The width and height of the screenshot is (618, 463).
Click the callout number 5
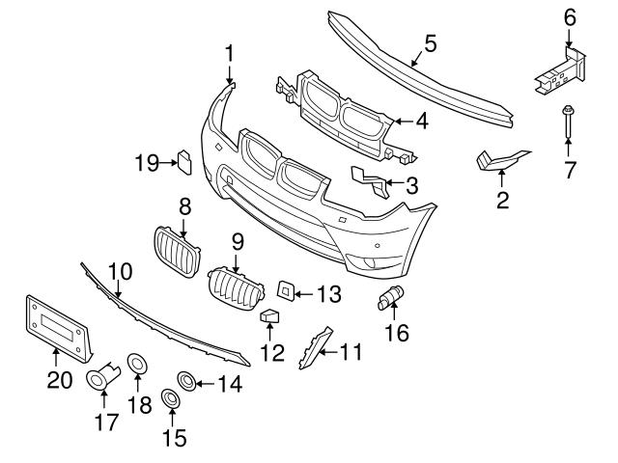pyautogui.click(x=430, y=42)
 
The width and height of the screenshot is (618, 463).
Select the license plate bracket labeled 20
pyautogui.click(x=54, y=326)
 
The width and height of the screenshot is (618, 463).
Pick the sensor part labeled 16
pyautogui.click(x=393, y=299)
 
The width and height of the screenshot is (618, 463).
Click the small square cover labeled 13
pyautogui.click(x=287, y=288)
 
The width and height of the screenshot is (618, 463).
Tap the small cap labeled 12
pyautogui.click(x=271, y=317)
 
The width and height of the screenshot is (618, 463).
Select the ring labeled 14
pyautogui.click(x=184, y=380)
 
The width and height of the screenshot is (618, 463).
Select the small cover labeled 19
pyautogui.click(x=183, y=161)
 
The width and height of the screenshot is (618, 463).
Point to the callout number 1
pyautogui.click(x=230, y=52)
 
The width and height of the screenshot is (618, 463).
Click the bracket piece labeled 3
pyautogui.click(x=368, y=179)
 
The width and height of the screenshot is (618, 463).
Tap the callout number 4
pyautogui.click(x=422, y=122)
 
